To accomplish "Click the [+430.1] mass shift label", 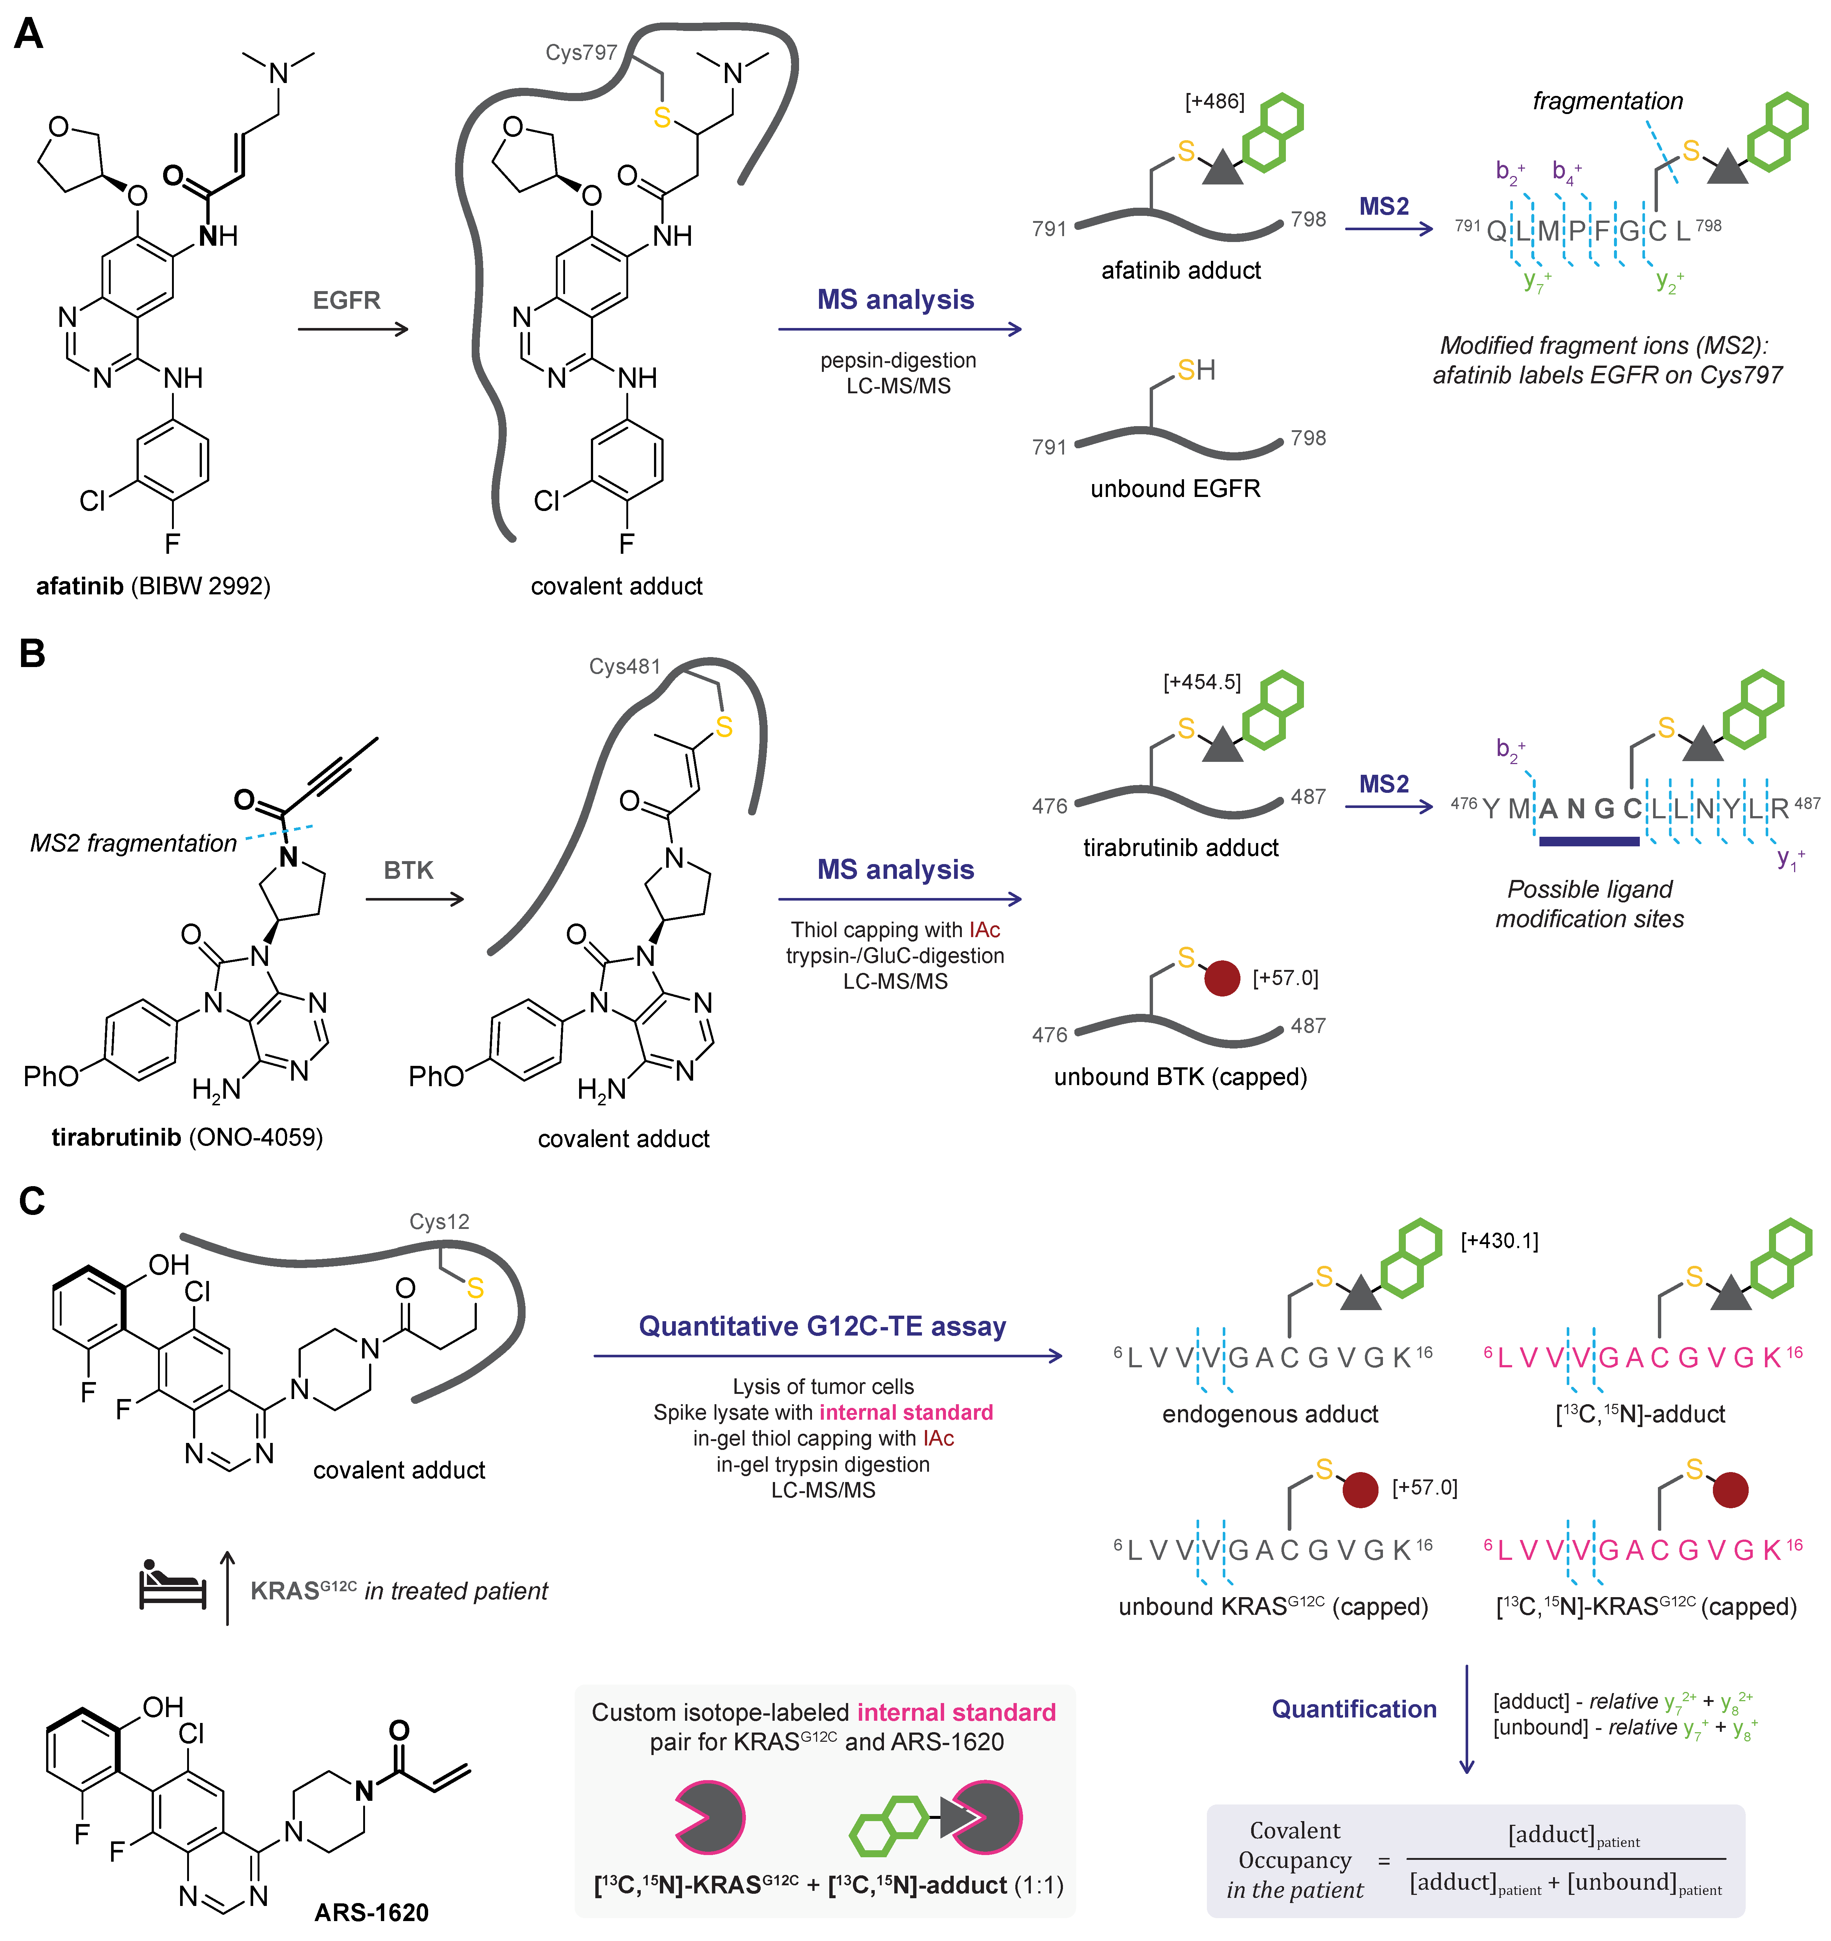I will pos(1499,1241).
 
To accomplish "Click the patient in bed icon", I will pos(172,1583).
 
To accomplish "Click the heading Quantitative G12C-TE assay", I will pos(822,1326).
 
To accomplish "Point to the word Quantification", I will pos(1353,1709).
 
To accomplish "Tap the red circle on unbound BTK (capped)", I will pos(1222,977).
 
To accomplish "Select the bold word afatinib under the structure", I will pos(79,586).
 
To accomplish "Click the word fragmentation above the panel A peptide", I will pos(1607,101).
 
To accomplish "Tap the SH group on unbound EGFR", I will pos(1195,370).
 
